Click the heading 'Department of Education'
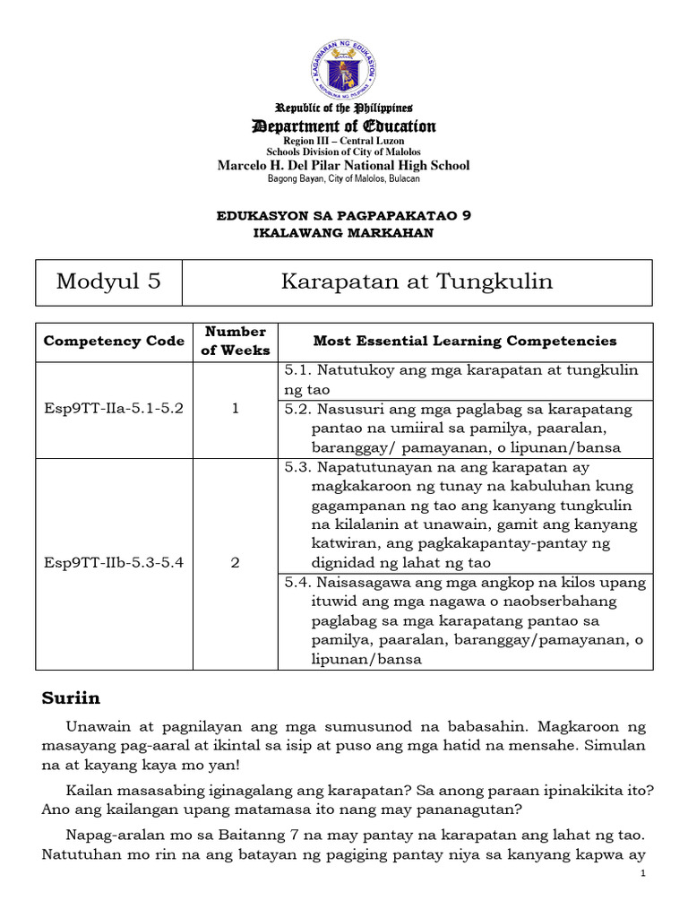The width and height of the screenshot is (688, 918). [344, 126]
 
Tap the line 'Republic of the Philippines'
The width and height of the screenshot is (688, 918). [344, 108]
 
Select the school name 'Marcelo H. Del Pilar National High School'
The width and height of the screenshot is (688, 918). [344, 166]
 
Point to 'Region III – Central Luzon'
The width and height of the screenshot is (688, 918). [344, 142]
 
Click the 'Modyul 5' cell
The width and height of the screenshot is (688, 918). [108, 281]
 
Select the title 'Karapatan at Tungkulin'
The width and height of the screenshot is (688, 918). [417, 281]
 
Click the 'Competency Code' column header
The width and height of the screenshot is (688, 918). [114, 341]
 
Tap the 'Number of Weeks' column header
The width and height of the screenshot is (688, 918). [235, 341]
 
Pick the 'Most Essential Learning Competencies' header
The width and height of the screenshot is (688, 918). [465, 341]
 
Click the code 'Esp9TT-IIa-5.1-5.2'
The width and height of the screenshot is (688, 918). [114, 409]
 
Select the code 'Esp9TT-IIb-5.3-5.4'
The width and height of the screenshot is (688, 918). [114, 563]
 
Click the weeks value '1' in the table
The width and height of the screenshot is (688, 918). [235, 409]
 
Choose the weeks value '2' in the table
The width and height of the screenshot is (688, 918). [235, 563]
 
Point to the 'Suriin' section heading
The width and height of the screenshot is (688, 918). [72, 697]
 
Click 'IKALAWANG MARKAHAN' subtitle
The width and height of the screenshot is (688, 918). [344, 233]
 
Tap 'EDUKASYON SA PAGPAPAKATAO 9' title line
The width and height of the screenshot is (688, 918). [344, 216]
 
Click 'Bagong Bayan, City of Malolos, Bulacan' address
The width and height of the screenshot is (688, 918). [344, 179]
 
